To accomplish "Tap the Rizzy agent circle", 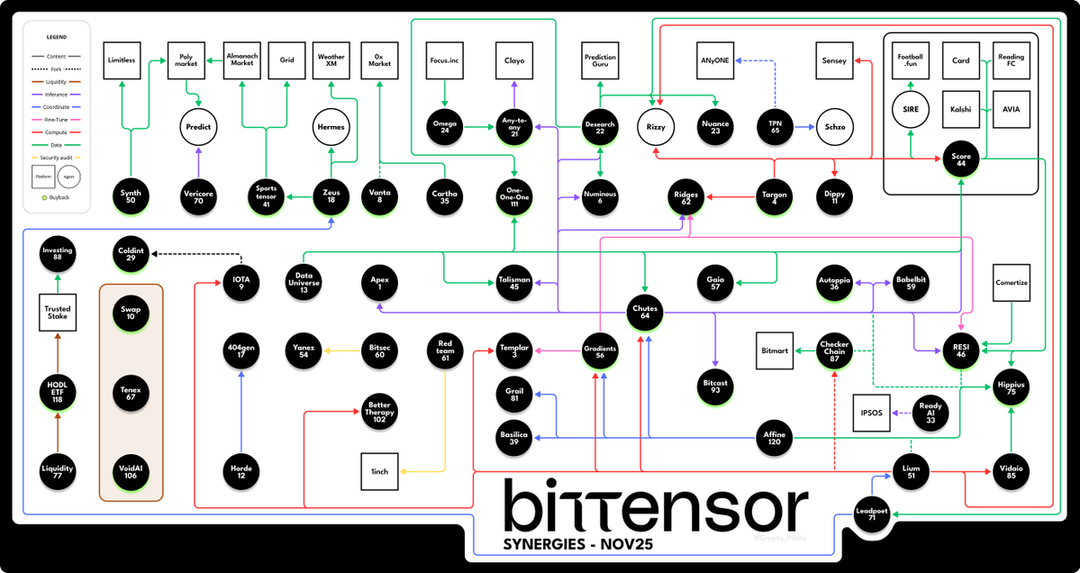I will pos(656,127).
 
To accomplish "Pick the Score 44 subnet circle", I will pos(961,159).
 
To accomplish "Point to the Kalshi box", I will pos(960,110).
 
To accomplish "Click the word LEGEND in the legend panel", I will pos(58,38).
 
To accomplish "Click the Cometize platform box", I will pos(1012,283).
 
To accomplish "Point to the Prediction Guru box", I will pos(600,60).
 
